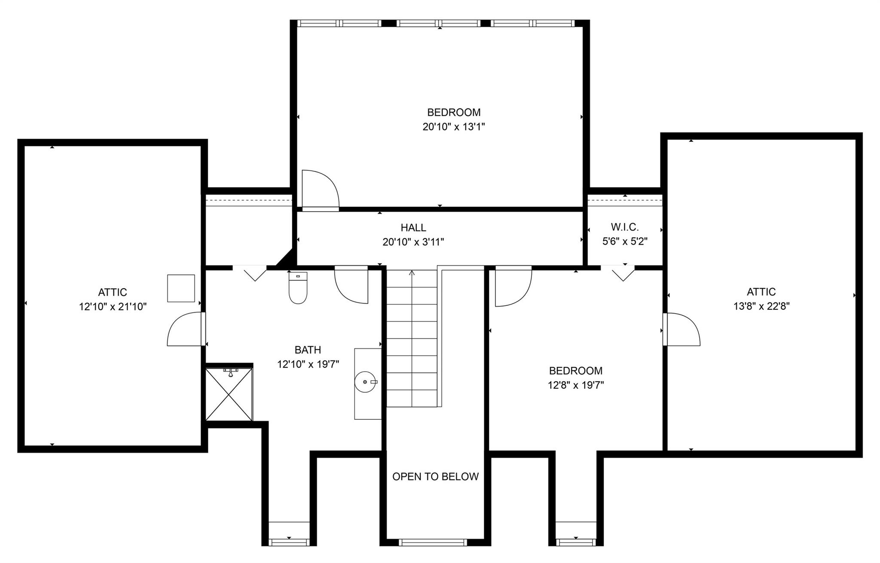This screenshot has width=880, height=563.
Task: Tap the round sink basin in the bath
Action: click(x=366, y=382)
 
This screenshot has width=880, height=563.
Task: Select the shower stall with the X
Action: click(x=229, y=394)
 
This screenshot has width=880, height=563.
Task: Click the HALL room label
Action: click(x=413, y=228)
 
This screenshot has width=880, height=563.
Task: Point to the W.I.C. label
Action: click(x=625, y=227)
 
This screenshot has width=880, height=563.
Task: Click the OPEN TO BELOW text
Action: click(x=435, y=477)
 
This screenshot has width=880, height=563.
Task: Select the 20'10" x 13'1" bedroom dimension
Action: click(x=454, y=127)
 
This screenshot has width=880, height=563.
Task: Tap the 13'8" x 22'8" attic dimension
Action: click(x=761, y=306)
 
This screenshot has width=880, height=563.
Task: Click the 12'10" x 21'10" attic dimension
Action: click(x=113, y=307)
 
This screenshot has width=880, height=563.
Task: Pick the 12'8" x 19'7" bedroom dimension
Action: click(x=576, y=385)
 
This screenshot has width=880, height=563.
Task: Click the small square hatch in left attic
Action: click(x=181, y=288)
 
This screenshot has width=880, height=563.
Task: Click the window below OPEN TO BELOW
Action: click(x=433, y=542)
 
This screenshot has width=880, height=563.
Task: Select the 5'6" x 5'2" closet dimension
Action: click(x=625, y=241)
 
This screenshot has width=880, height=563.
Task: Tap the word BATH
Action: click(x=308, y=350)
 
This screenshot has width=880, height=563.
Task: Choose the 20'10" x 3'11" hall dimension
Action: click(x=413, y=242)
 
